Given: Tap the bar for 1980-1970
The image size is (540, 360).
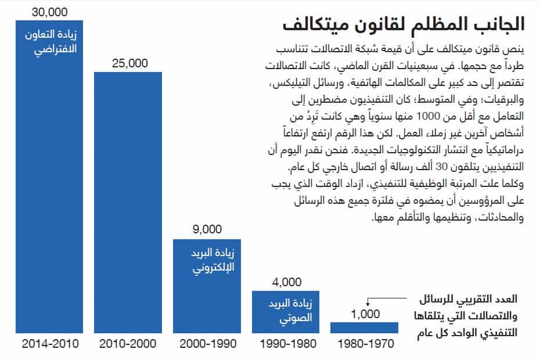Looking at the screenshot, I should [364, 327].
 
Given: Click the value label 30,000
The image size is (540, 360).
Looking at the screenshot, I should [50, 12].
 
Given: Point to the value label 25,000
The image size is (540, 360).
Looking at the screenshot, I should [129, 63].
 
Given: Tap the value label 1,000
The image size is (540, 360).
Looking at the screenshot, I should [365, 314].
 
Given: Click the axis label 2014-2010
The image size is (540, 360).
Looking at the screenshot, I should [50, 344].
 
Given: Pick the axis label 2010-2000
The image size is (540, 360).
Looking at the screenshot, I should [129, 344].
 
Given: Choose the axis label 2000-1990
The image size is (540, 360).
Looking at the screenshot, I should [207, 344].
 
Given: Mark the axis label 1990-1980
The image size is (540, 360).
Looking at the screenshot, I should [286, 344].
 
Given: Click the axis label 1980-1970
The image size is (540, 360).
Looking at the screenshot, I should [365, 344].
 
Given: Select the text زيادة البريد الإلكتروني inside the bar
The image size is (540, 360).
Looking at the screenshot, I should [207, 262].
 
